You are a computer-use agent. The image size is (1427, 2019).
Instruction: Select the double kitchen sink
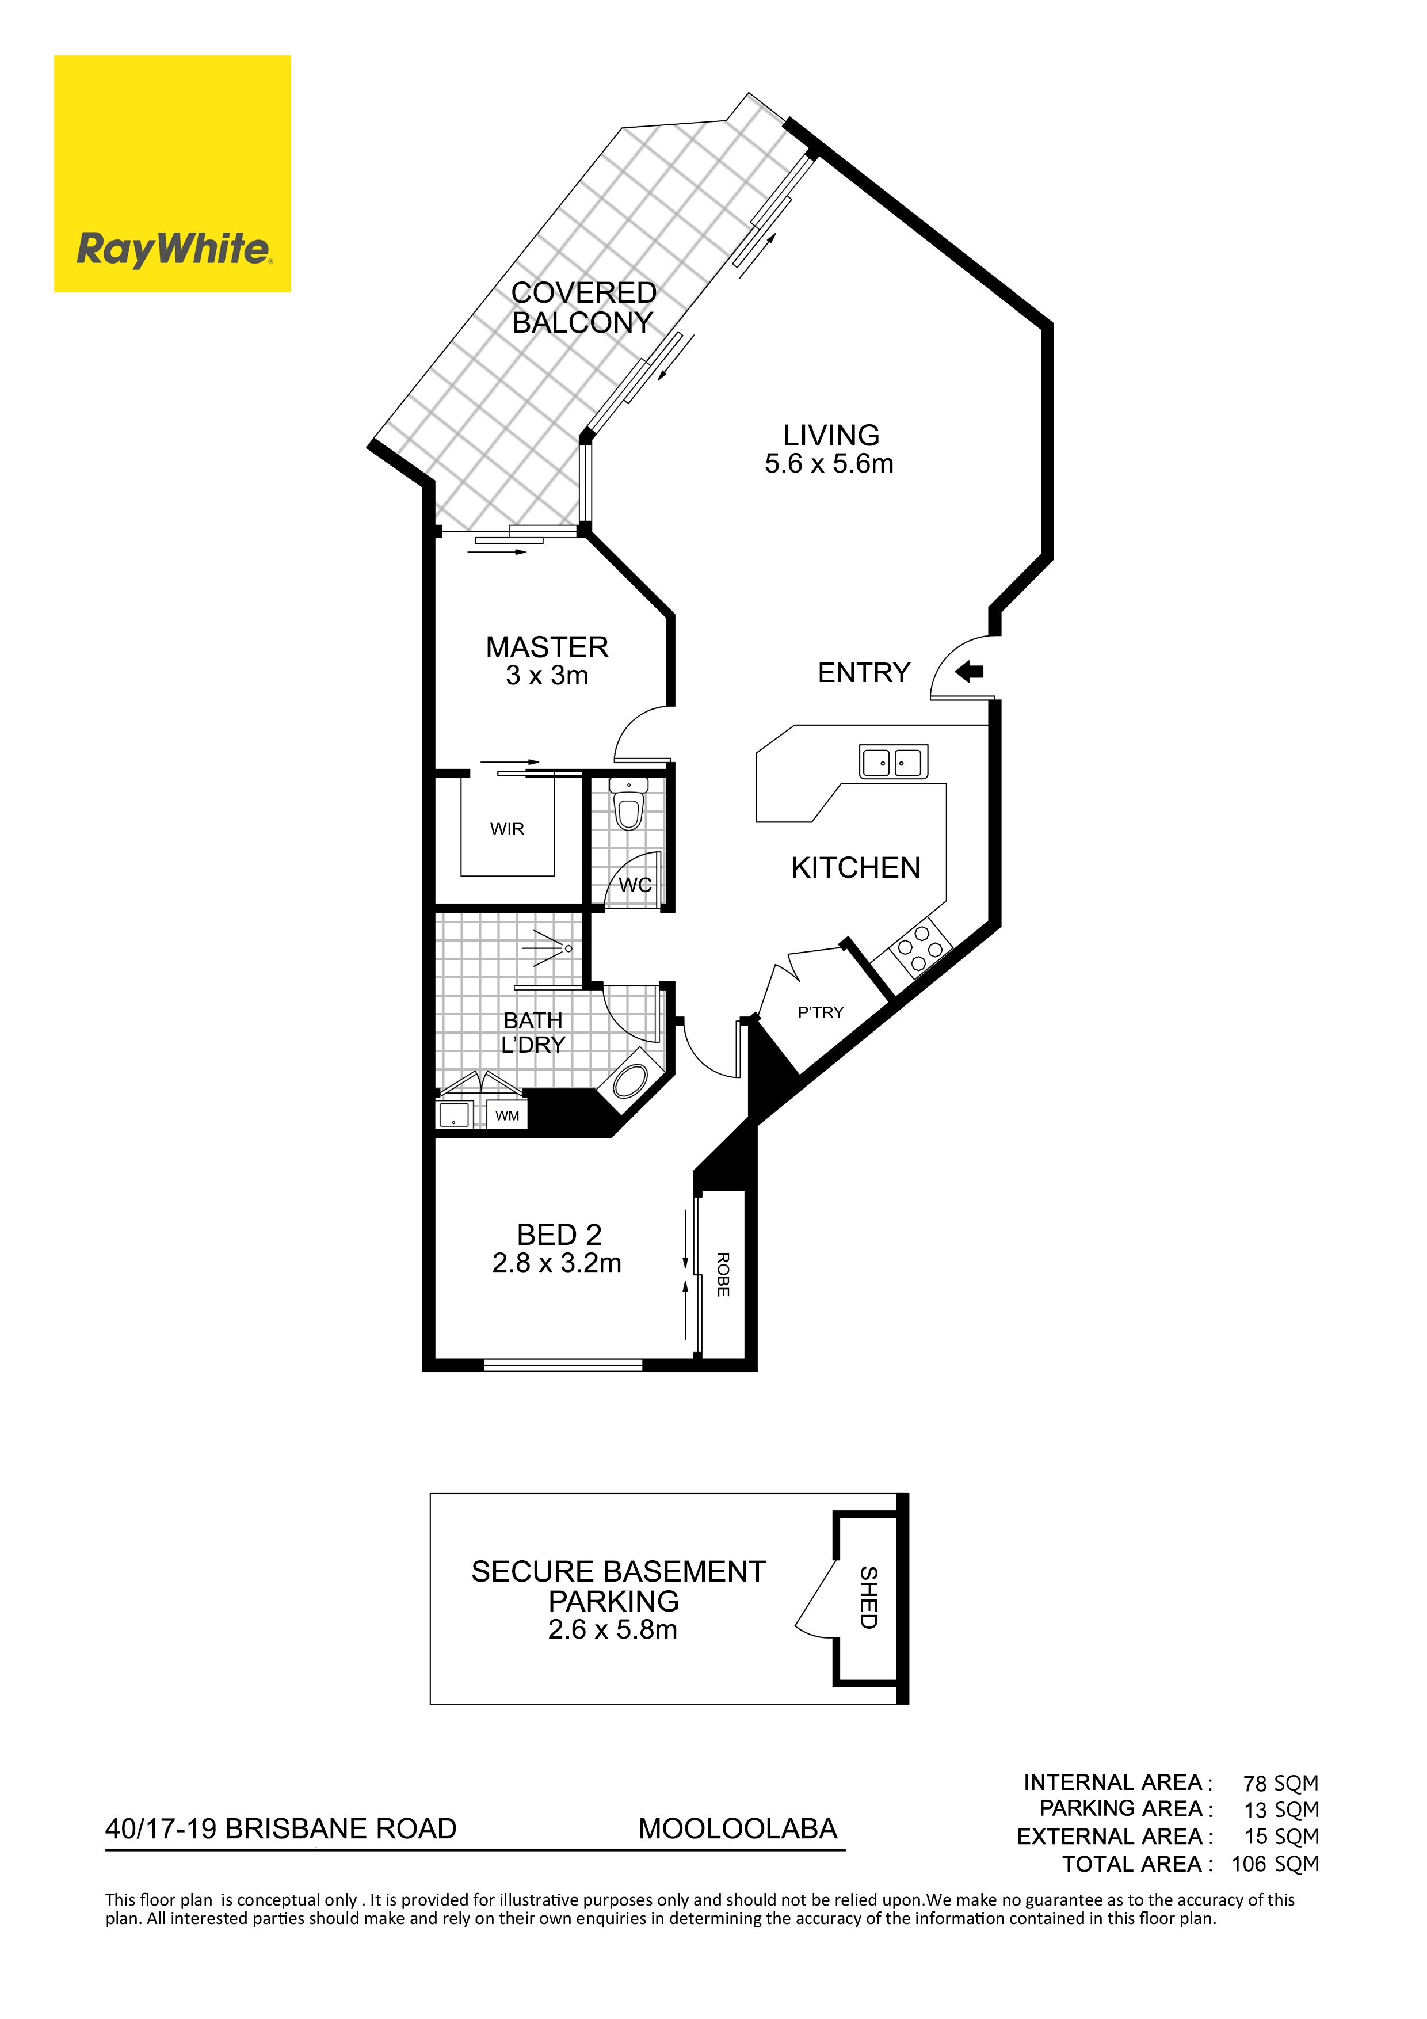(x=892, y=761)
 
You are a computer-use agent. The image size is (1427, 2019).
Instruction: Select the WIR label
(x=508, y=829)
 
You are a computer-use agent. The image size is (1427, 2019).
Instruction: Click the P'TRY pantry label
(x=821, y=1012)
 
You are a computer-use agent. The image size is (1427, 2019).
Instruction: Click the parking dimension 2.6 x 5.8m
(x=613, y=1629)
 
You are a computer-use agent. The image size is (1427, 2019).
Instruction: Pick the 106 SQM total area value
(x=1275, y=1864)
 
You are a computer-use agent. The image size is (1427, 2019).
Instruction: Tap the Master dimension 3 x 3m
(x=547, y=675)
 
